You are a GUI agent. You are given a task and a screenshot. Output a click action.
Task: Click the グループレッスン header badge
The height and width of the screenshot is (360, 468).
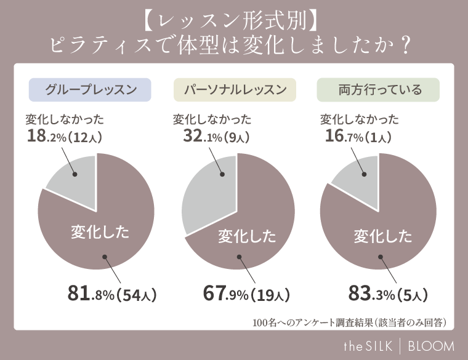pos(90,90)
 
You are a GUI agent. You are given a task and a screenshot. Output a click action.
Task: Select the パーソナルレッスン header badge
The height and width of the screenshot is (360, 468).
pos(235,90)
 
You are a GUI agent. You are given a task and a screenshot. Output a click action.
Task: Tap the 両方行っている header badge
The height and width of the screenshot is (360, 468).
pos(378,90)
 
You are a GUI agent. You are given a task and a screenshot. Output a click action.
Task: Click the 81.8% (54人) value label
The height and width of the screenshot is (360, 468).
pos(112,294)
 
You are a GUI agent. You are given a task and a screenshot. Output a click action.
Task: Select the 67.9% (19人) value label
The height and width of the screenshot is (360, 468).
pos(246,294)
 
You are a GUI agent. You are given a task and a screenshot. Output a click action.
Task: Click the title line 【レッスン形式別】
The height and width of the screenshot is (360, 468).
pos(233,21)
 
